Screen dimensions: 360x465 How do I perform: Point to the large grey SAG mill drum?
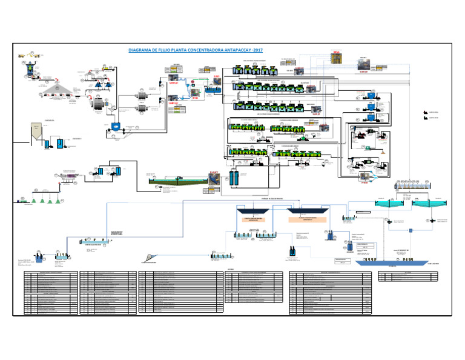pos(97,104)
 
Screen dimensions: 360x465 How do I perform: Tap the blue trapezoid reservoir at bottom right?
pos(381,262)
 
